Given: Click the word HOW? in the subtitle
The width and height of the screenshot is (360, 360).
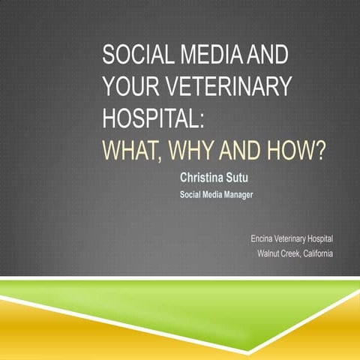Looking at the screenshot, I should (299, 150).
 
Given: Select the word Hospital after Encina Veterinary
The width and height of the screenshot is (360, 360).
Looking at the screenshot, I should (322, 238).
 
